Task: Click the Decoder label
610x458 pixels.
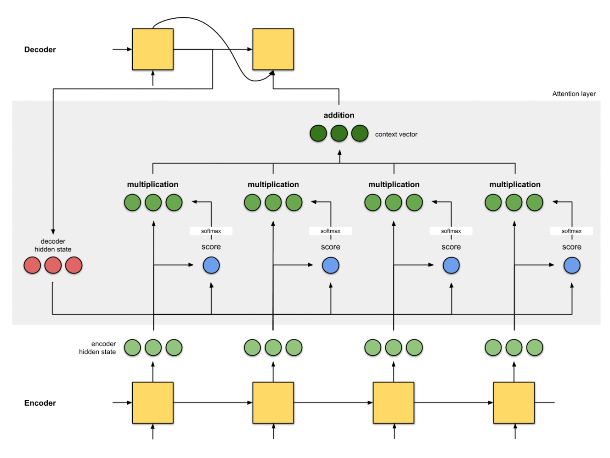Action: pyautogui.click(x=40, y=50)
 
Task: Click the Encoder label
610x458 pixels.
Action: pyautogui.click(x=40, y=403)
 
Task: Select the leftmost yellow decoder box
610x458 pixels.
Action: pyautogui.click(x=152, y=50)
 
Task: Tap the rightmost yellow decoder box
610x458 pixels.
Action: pyautogui.click(x=273, y=50)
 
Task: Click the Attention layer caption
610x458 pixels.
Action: pyautogui.click(x=574, y=94)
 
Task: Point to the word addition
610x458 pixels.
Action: pyautogui.click(x=339, y=115)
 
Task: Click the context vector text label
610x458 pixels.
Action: pyautogui.click(x=396, y=134)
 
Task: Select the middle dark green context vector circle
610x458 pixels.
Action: pyautogui.click(x=339, y=134)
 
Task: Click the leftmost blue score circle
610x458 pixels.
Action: pyautogui.click(x=211, y=265)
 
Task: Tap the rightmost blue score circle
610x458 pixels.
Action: pyautogui.click(x=572, y=265)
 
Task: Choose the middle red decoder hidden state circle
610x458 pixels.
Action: pyautogui.click(x=53, y=265)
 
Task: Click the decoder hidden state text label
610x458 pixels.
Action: pyautogui.click(x=53, y=245)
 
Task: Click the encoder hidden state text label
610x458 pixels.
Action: pyautogui.click(x=97, y=348)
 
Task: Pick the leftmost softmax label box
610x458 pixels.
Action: pyautogui.click(x=211, y=231)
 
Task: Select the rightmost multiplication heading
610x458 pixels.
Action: pyautogui.click(x=514, y=184)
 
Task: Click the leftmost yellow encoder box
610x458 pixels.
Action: pyautogui.click(x=152, y=402)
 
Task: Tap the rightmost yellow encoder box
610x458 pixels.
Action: pyautogui.click(x=514, y=402)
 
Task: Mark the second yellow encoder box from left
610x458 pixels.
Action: pyautogui.click(x=273, y=402)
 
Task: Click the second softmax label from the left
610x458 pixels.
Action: pyautogui.click(x=330, y=231)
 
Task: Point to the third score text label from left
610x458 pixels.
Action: pyautogui.click(x=451, y=247)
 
